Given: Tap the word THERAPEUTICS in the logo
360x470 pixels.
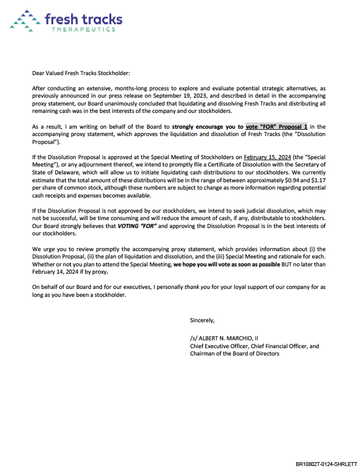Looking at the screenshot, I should pos(83,29).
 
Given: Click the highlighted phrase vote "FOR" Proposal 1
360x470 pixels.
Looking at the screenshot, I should pos(276,127).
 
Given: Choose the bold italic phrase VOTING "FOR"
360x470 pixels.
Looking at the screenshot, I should pos(139,226).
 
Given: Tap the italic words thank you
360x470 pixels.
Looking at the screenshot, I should pos(198,287).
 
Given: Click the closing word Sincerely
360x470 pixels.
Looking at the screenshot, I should pos(202,320).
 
